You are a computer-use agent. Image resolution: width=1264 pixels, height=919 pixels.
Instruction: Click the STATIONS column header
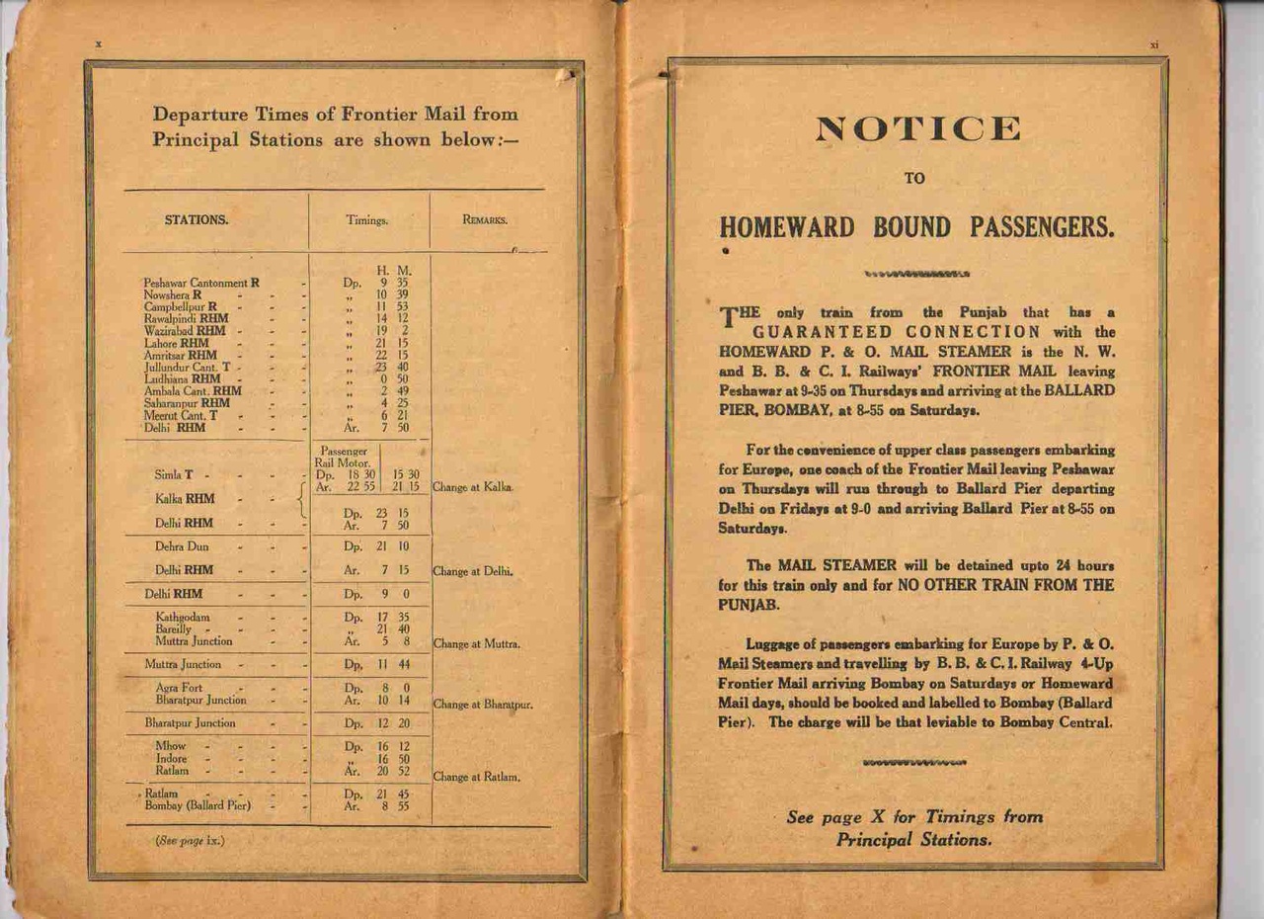tap(196, 220)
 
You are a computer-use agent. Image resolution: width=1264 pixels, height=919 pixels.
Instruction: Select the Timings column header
tap(367, 221)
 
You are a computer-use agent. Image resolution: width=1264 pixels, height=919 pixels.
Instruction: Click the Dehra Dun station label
tap(182, 545)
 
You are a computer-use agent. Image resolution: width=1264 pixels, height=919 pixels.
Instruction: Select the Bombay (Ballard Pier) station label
tap(197, 805)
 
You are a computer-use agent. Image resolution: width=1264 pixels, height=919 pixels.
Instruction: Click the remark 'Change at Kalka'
tap(472, 488)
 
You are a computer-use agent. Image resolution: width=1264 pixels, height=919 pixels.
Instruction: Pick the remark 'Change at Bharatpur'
tap(483, 706)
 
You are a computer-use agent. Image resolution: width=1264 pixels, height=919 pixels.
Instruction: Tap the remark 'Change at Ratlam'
tap(476, 778)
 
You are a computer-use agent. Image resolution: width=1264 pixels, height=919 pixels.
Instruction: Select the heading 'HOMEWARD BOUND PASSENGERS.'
tap(916, 228)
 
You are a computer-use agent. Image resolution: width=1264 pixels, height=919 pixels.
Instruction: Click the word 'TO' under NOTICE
tap(915, 179)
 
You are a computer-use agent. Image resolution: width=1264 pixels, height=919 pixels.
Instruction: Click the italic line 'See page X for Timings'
tap(913, 817)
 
